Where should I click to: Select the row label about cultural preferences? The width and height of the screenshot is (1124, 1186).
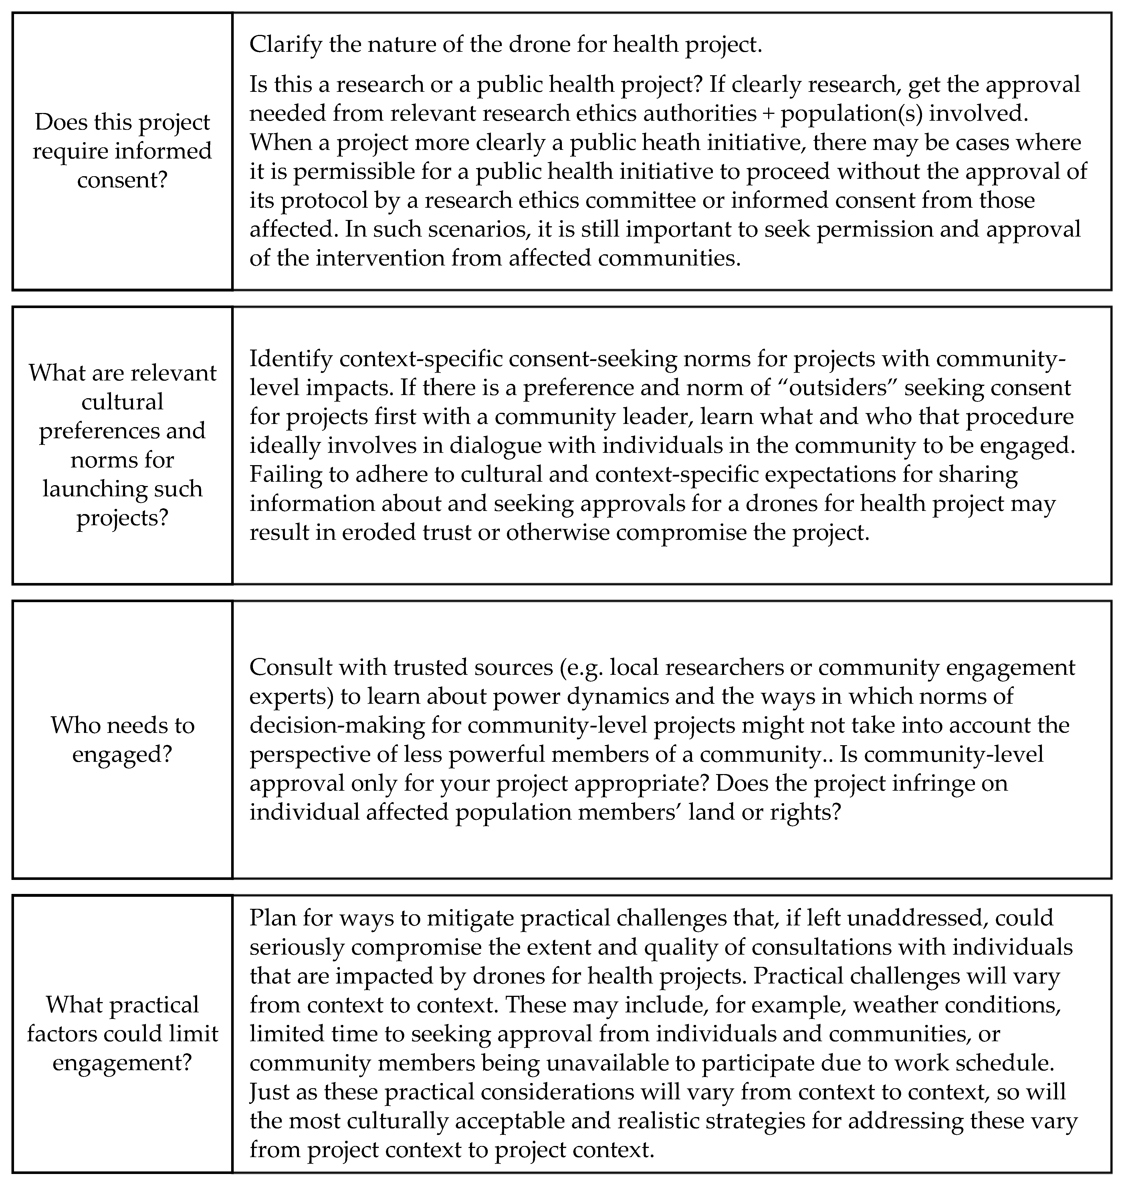(122, 445)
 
